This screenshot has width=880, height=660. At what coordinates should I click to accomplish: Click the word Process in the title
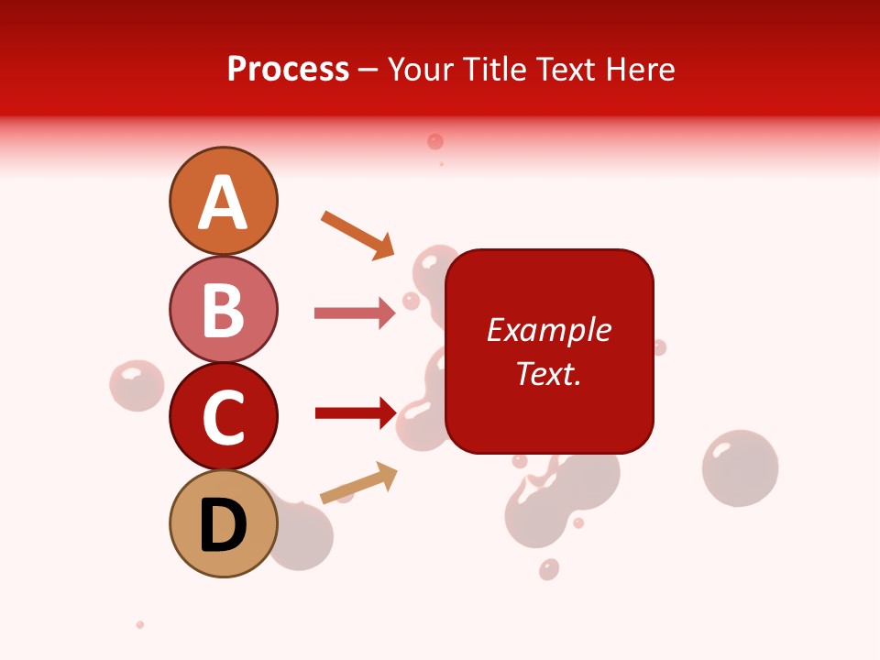click(288, 69)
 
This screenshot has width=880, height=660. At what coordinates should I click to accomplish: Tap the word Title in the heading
click(493, 69)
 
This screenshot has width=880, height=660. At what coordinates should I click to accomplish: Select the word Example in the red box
click(549, 330)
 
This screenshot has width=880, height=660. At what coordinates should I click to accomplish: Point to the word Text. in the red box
click(549, 373)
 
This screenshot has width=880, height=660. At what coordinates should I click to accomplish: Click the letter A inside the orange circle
click(223, 203)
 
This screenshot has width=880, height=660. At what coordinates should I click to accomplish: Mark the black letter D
click(223, 526)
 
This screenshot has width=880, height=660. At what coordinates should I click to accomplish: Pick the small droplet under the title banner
click(435, 141)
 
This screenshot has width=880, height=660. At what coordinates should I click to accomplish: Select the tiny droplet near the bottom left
click(140, 624)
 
